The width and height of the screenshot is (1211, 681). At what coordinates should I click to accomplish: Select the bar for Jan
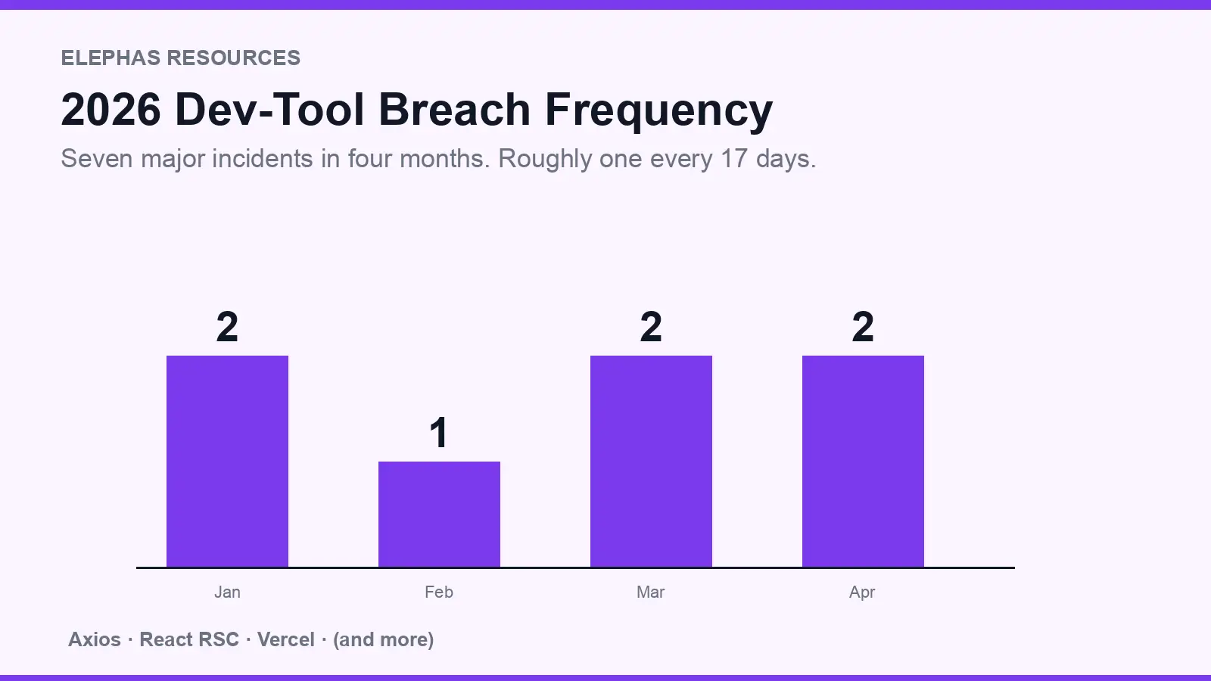[227, 462]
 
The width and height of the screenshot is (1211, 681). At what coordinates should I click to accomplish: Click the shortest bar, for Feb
[439, 515]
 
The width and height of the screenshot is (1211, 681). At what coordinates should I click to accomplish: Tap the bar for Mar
[651, 462]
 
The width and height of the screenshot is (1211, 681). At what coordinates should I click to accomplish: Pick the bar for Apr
[863, 462]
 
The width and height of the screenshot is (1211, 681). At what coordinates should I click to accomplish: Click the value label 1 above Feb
[439, 433]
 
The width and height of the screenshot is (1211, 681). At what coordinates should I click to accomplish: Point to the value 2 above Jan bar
[227, 327]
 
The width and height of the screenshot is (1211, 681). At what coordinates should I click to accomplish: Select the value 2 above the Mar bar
[651, 327]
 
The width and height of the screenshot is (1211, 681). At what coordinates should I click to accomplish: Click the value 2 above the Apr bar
[863, 327]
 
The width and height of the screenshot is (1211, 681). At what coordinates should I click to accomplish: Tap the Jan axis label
[227, 592]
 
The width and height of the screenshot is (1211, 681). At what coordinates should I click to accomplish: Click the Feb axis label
[439, 592]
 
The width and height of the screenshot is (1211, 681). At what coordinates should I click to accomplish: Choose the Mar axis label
[651, 592]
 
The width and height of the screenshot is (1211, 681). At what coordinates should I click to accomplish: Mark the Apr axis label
[862, 592]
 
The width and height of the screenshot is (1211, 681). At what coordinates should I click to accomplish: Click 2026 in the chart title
[111, 110]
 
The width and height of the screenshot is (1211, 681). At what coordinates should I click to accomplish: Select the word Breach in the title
[454, 110]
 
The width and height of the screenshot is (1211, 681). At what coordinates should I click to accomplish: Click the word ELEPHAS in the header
[111, 58]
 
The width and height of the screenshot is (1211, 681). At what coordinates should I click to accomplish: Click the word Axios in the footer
[95, 640]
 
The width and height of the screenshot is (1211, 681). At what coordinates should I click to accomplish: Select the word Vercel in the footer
[285, 640]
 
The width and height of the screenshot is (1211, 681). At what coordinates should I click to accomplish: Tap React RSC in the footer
[189, 640]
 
